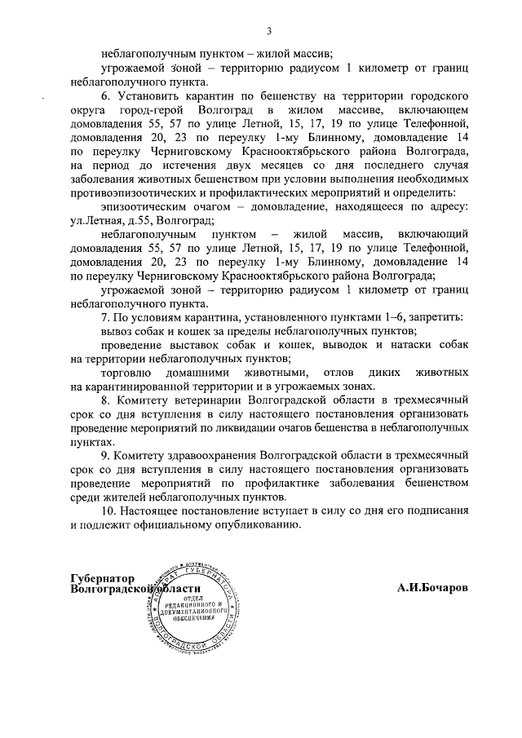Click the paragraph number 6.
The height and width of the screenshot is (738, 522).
[105, 97]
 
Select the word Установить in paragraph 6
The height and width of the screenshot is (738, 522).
[147, 97]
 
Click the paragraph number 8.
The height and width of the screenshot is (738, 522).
[105, 400]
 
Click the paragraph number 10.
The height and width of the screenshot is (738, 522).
[108, 511]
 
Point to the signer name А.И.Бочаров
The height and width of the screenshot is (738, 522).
[433, 588]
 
